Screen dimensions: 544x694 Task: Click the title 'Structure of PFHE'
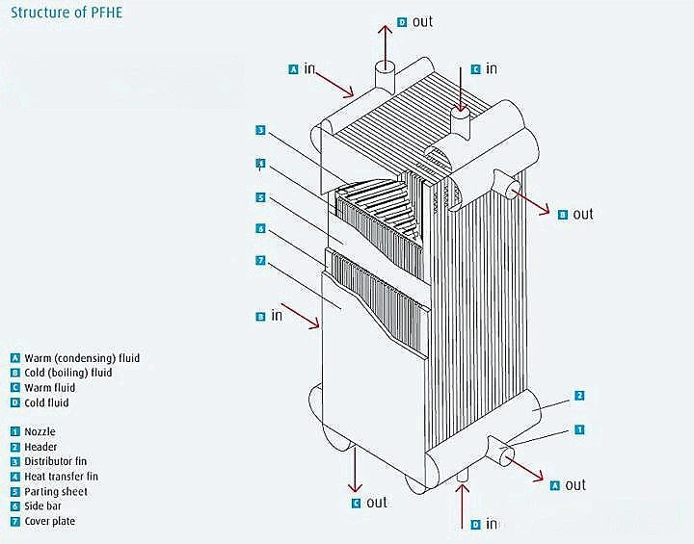click(65, 13)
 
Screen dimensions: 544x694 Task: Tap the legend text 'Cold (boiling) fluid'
click(67, 373)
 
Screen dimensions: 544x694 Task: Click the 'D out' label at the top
click(415, 21)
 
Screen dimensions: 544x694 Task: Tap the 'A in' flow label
click(303, 68)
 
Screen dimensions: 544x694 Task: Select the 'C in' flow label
click(484, 68)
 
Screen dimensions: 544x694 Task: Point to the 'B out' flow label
click(575, 214)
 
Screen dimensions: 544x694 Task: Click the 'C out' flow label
click(368, 502)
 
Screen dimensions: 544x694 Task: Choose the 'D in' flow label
click(484, 524)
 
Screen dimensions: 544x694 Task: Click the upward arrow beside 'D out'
click(384, 39)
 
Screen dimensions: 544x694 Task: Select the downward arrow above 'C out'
click(356, 469)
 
